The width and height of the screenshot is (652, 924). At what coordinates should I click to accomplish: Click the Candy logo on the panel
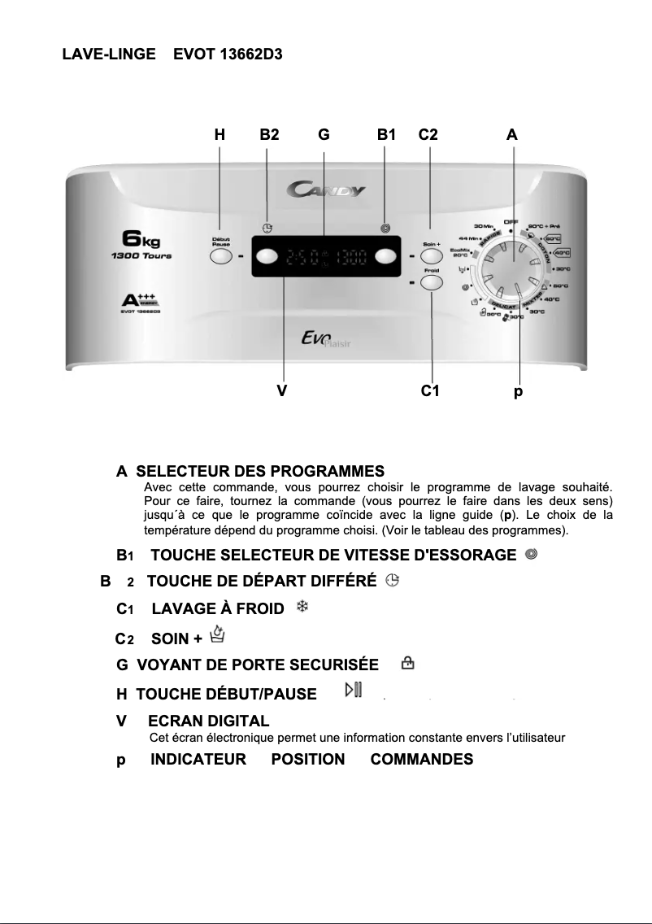pos(326,190)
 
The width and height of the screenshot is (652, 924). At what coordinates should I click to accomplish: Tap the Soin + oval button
pos(431,255)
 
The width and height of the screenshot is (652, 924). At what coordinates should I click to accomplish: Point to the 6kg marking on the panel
pos(141,239)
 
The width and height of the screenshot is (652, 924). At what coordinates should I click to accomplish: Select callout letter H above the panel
pos(220,136)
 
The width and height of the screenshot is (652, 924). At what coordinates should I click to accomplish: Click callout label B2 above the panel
pos(269,136)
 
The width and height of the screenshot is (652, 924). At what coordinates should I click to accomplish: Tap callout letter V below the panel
pos(281,391)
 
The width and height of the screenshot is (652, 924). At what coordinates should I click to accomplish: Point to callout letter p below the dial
pos(518,392)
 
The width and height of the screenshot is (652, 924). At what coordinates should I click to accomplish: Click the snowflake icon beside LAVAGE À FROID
pos(300,608)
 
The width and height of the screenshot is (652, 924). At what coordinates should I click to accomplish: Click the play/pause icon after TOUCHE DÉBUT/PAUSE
pos(353,691)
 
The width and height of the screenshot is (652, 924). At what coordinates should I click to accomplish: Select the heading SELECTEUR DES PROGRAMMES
pos(259,471)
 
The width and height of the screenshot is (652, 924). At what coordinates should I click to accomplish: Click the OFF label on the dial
pos(511,221)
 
